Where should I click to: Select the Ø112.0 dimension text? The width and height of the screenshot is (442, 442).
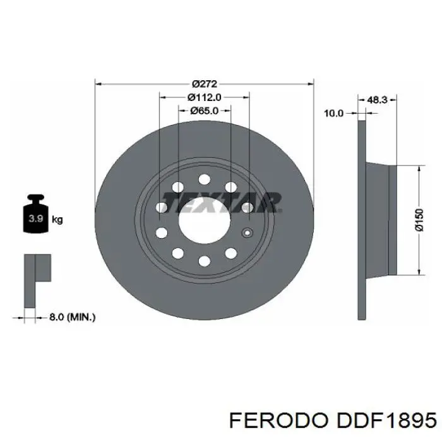coord(205,97)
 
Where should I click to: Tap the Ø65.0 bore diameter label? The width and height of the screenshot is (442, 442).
coord(205,110)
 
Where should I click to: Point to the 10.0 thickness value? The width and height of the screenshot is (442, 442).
coord(333,113)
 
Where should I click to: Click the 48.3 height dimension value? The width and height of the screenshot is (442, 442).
coord(377,99)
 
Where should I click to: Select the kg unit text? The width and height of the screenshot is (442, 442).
coord(57,220)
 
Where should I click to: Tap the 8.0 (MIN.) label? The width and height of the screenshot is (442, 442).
coord(72,317)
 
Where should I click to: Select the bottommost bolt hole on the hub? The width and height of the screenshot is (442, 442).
coord(204,260)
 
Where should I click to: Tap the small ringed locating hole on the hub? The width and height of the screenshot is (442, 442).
coord(247,231)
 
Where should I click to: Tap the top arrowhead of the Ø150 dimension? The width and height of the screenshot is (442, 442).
coord(419,169)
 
